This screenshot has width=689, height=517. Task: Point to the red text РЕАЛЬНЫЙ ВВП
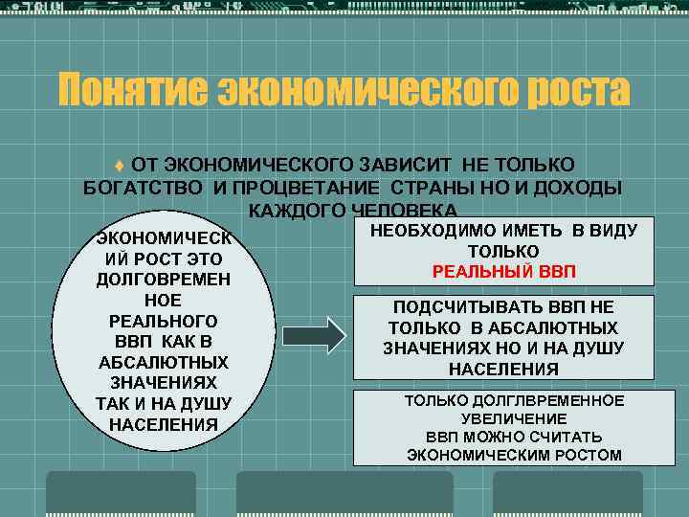point(504,272)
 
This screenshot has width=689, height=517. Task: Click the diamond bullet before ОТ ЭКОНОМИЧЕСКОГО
point(120,165)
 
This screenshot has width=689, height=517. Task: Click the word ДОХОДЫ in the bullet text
point(571,188)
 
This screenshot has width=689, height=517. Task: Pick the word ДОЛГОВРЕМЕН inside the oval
point(163,280)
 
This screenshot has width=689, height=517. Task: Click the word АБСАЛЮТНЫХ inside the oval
point(163,362)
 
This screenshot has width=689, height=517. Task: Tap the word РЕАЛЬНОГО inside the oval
point(163,321)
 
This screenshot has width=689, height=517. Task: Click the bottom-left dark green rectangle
point(121,493)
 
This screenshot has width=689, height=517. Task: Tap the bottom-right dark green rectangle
point(567,493)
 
